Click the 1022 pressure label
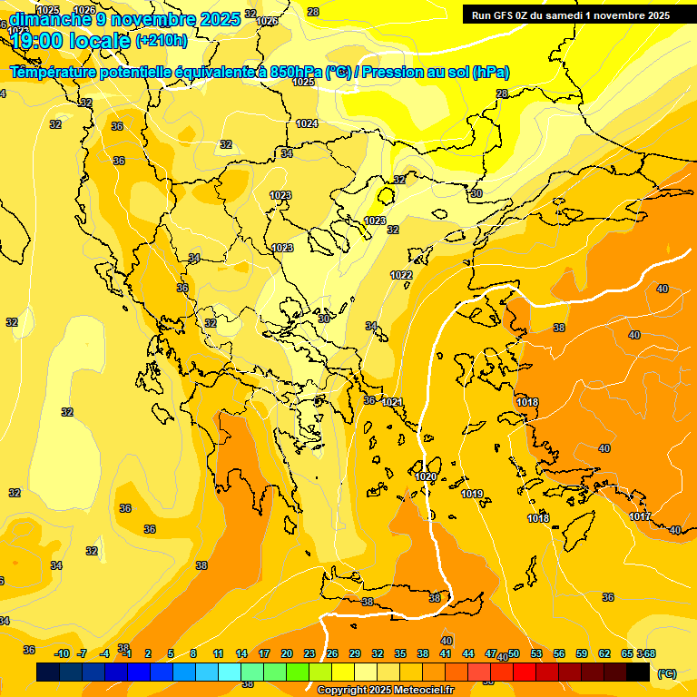[401, 275]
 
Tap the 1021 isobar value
[392, 402]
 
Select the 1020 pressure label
[426, 476]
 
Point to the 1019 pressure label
[472, 494]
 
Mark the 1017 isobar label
[640, 516]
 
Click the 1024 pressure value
[307, 123]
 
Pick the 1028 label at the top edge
[313, 12]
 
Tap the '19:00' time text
[36, 41]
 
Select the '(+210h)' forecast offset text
[162, 40]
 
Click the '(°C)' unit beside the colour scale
[666, 673]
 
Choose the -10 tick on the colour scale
[63, 653]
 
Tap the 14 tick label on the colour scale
[241, 653]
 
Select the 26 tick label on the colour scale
[331, 653]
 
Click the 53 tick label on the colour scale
[535, 653]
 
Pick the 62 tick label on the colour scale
[604, 653]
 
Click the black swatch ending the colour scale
[638, 672]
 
